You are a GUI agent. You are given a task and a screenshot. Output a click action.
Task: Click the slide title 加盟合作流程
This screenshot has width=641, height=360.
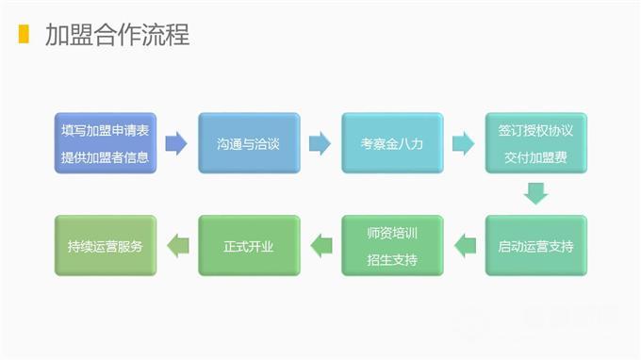tap(117, 35)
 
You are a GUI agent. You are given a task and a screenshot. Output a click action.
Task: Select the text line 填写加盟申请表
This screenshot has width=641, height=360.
tap(105, 130)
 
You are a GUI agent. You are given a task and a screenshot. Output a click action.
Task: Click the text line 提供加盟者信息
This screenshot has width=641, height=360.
tap(105, 156)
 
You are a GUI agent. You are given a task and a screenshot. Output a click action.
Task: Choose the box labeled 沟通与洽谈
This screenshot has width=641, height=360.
tap(249, 143)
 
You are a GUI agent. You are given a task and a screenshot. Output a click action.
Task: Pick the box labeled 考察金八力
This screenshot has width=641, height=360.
tap(392, 143)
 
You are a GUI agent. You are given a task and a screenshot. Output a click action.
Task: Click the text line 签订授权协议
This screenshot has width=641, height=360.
tap(535, 130)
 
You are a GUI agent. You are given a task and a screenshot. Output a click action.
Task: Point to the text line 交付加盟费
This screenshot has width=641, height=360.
tap(535, 156)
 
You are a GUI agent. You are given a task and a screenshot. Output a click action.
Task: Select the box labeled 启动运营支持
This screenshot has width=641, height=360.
tap(535, 246)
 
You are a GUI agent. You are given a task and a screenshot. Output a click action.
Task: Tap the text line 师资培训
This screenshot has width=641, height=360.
tap(392, 233)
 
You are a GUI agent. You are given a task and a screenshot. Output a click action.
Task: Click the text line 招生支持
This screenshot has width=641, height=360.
tap(392, 259)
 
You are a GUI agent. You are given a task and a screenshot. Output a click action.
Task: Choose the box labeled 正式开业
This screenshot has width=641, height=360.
tap(249, 246)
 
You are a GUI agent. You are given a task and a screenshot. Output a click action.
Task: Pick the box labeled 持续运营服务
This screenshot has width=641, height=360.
tap(105, 246)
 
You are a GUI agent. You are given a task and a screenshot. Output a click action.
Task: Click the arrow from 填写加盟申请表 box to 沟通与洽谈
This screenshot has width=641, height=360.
tap(176, 143)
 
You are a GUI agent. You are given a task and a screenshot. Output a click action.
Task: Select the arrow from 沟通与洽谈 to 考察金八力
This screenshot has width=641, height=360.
tap(320, 143)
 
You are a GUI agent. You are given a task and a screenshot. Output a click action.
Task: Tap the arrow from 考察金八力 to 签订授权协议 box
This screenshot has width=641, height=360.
tap(464, 143)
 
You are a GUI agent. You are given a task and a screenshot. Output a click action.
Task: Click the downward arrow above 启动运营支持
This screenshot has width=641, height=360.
tap(535, 194)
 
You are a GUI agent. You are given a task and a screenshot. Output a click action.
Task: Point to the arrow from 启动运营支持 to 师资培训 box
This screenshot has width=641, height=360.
tap(464, 246)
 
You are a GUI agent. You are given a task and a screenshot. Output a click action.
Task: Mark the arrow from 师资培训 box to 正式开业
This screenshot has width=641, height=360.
tap(320, 246)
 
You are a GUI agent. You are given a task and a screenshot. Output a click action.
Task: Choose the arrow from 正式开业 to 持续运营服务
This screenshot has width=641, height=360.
tap(176, 246)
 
